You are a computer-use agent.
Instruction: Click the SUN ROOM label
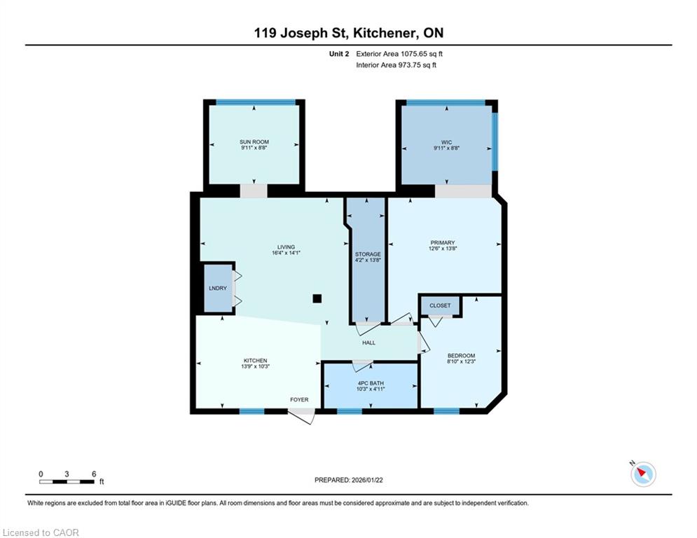pos(254,142)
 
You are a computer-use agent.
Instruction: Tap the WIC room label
pos(446,142)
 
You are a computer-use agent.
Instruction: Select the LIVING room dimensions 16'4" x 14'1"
pos(287,253)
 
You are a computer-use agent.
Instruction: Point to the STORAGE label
pos(368,254)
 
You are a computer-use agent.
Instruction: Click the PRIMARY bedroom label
pos(442,243)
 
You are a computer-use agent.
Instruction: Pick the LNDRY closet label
pos(218,288)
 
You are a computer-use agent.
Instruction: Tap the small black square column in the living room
pos(317,298)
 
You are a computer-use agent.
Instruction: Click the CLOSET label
pos(440,305)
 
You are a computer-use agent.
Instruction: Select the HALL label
pos(368,343)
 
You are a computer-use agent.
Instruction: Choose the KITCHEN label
pos(255,361)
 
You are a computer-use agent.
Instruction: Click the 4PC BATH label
pos(371,383)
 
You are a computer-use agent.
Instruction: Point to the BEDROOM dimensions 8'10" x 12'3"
pos(462,361)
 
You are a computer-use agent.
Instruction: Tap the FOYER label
pos(299,400)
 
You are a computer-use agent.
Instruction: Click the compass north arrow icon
pos(643,474)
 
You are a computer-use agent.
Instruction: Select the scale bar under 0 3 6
pos(67,481)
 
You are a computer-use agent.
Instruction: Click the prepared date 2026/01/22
pos(367,480)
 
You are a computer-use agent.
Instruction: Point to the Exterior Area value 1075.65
pos(413,54)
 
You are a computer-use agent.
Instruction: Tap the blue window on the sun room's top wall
pos(256,102)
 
